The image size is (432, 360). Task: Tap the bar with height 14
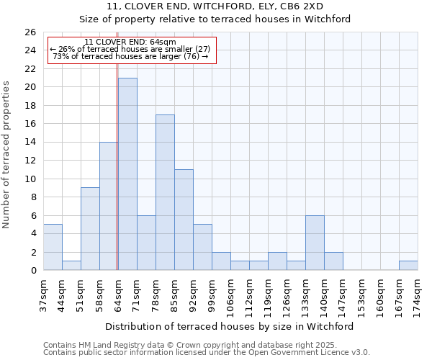[109, 206]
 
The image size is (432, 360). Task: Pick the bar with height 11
[184, 220]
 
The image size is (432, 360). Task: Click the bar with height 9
[90, 229]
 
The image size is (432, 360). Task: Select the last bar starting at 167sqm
[408, 266]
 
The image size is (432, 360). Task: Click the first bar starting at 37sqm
[53, 247]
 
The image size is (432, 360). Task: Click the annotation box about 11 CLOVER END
[132, 50]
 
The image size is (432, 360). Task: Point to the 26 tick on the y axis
[30, 32]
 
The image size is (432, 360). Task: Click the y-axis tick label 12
[30, 161]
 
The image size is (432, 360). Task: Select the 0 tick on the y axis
[33, 271]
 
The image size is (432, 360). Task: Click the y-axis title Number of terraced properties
[7, 155]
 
